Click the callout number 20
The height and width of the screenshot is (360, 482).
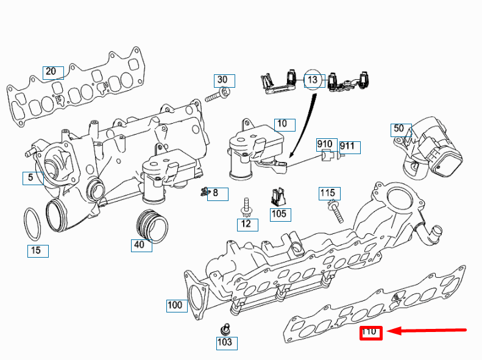point(52,72)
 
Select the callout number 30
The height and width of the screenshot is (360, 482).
point(223,80)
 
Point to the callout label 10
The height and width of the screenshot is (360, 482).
point(283,124)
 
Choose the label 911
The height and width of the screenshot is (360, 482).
point(349,146)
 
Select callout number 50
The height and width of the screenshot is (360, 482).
point(400,129)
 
